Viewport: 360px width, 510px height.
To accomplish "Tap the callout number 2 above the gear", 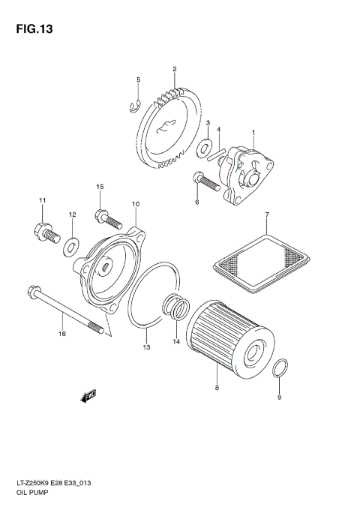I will tap(174, 70).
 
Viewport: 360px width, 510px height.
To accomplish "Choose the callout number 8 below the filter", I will tap(216, 388).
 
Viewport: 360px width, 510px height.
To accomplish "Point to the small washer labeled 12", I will tap(72, 243).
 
